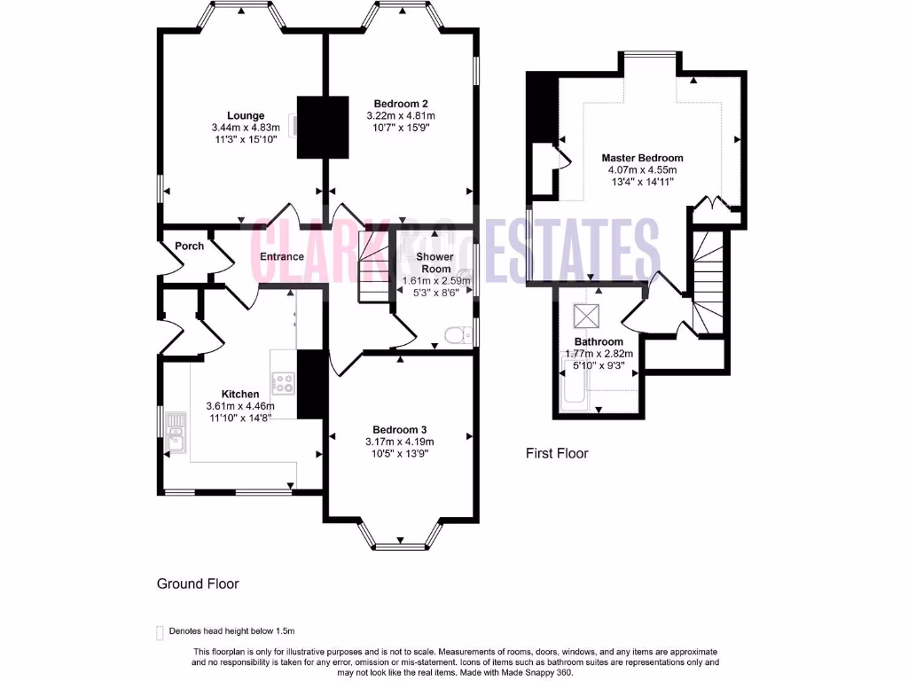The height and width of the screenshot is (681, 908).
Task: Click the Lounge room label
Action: pyautogui.click(x=246, y=115)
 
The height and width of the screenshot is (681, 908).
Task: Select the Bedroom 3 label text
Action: pyautogui.click(x=400, y=429)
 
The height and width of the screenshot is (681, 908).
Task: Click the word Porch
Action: pyautogui.click(x=189, y=246)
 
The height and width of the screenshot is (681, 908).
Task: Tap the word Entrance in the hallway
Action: pyautogui.click(x=282, y=257)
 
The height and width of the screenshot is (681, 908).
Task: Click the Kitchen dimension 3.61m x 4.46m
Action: pyautogui.click(x=240, y=406)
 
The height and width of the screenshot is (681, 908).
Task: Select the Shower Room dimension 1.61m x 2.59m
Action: pyautogui.click(x=434, y=279)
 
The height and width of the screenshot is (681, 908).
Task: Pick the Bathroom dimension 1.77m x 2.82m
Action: pyautogui.click(x=599, y=353)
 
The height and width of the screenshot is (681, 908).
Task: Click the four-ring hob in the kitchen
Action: pyautogui.click(x=283, y=383)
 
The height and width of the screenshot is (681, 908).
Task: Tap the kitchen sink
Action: pyautogui.click(x=175, y=432)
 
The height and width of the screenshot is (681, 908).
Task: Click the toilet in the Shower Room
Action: pyautogui.click(x=455, y=334)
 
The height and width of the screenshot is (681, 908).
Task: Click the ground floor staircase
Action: pyautogui.click(x=367, y=266)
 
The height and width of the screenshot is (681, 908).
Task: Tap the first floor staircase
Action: pyautogui.click(x=708, y=284)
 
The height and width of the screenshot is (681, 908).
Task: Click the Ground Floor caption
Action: pyautogui.click(x=198, y=583)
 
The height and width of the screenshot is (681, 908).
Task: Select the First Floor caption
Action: pyautogui.click(x=557, y=453)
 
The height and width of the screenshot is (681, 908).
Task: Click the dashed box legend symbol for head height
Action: pyautogui.click(x=160, y=631)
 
